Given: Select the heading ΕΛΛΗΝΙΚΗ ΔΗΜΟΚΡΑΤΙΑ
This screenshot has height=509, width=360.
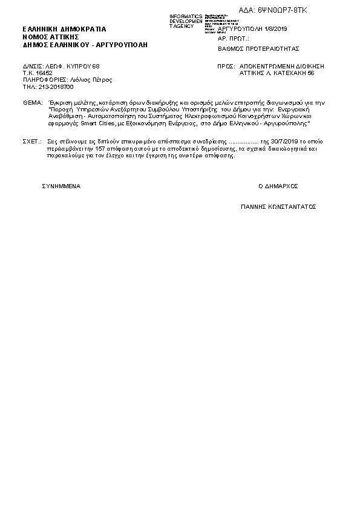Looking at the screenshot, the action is pyautogui.click(x=64, y=28).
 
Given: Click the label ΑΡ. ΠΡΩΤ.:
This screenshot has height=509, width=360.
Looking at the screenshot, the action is pyautogui.click(x=233, y=38).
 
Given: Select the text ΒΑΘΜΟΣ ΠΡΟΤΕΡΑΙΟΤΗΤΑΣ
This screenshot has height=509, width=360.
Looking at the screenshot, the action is pyautogui.click(x=258, y=48).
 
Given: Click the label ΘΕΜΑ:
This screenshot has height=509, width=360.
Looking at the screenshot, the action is pyautogui.click(x=30, y=103).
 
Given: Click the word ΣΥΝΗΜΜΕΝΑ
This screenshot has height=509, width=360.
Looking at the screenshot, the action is pyautogui.click(x=61, y=186).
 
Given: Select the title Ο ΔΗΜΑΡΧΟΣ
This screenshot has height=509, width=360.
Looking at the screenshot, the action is pyautogui.click(x=278, y=186).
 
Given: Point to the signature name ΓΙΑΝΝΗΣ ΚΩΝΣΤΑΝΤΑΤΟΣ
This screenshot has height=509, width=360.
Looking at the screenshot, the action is pyautogui.click(x=278, y=206).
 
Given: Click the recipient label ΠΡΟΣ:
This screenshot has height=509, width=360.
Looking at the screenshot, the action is pyautogui.click(x=226, y=65).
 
